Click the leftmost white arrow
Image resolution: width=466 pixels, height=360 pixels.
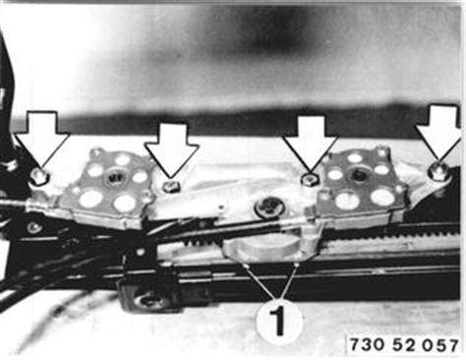pos(41,139)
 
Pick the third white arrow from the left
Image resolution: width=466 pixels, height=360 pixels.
pos(310,142)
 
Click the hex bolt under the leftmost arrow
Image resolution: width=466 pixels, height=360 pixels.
pos(40,177)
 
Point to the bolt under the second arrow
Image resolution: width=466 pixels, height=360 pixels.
pos(171,187)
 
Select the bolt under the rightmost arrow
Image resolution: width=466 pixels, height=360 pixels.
pos(439,170)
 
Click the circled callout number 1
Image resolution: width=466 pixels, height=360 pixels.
pos(279,321)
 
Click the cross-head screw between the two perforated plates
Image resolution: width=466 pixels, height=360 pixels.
pos(268,207)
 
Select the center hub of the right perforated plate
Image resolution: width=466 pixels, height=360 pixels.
pos(358,174)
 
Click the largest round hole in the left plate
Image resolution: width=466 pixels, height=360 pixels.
pos(91,200)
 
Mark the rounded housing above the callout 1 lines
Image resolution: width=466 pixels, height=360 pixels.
pos(269,248)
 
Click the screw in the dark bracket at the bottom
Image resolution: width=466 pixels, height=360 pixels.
pos(146,299)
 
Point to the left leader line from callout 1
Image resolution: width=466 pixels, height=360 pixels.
pos(261,282)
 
